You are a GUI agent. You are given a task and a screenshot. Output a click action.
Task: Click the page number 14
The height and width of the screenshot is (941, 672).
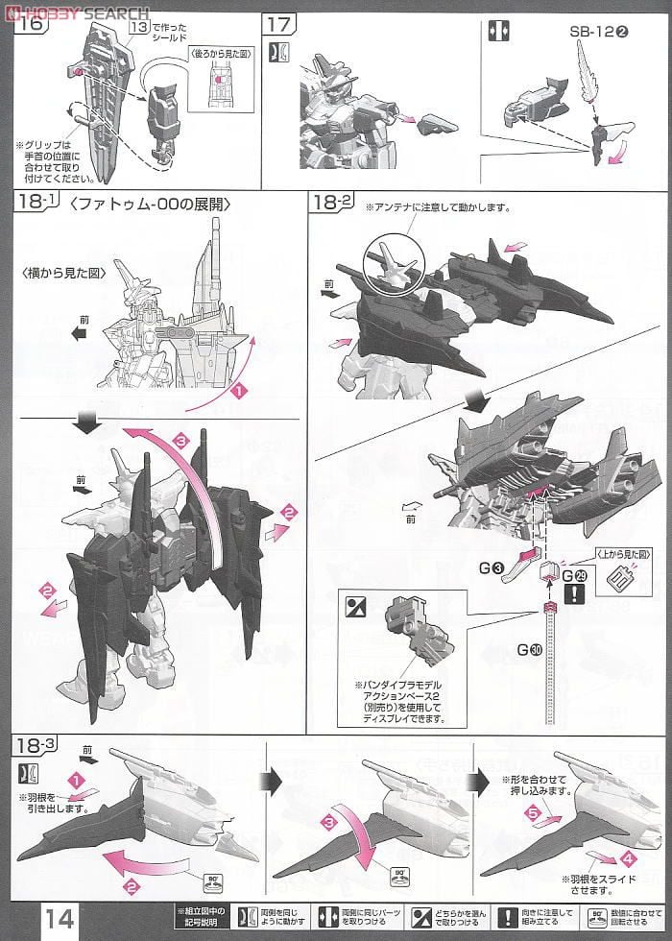pyautogui.click(x=58, y=917)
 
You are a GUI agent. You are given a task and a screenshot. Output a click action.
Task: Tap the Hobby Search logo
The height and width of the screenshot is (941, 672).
pyautogui.click(x=77, y=12)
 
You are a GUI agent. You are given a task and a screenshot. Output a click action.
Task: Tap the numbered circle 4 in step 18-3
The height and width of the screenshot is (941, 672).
pyautogui.click(x=629, y=857)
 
